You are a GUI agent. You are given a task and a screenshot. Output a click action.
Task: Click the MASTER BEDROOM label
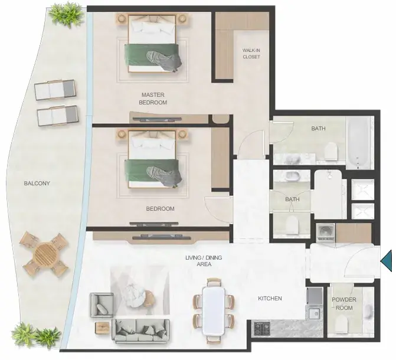[153, 99]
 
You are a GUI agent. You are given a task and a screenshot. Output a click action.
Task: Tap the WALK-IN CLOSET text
[251, 54]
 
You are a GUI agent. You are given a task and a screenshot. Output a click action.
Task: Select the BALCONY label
[37, 183]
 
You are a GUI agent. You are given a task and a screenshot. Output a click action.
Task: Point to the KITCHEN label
[270, 299]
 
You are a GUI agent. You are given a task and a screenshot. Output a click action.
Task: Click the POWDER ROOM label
[344, 304]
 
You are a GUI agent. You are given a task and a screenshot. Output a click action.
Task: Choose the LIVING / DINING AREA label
[204, 261]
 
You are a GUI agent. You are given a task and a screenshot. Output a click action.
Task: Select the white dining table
[214, 311]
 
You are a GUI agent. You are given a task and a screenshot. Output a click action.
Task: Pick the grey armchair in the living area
[102, 305]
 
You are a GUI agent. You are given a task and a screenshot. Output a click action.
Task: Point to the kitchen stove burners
[261, 328]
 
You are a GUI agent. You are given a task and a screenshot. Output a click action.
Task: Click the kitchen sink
[314, 314]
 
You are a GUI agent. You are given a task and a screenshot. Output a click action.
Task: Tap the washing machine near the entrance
[326, 232]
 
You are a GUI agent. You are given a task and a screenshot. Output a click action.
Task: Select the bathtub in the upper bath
[359, 142]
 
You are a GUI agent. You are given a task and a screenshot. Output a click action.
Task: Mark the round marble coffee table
[135, 295]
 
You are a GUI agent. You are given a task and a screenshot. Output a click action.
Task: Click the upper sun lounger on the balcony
[55, 90]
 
